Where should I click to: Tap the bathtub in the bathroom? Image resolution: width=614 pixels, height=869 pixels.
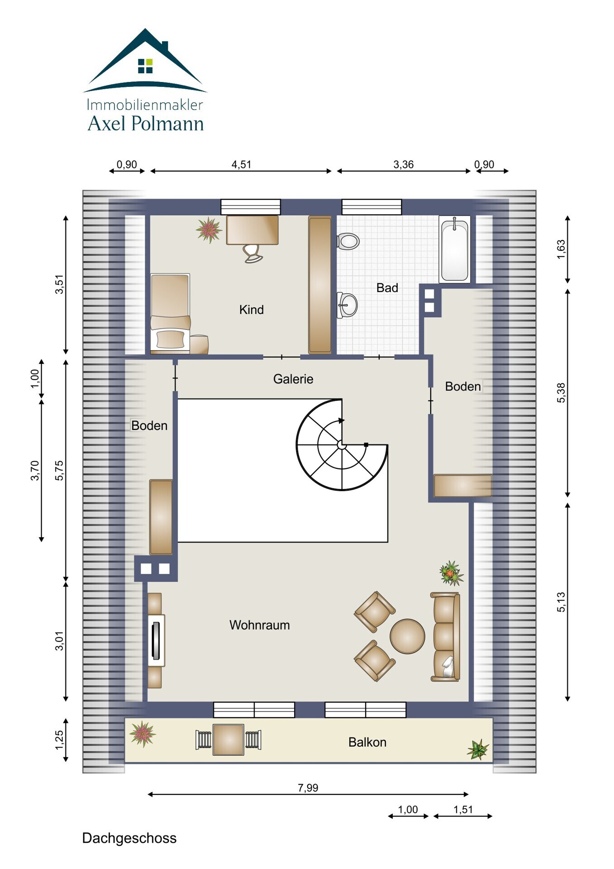point(454,248)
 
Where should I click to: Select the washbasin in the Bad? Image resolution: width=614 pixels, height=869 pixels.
point(347,305)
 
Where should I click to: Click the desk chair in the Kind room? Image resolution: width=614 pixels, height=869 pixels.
point(252,253)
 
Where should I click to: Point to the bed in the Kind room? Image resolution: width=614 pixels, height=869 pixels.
point(170,313)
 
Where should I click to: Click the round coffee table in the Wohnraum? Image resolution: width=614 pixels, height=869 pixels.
point(407,636)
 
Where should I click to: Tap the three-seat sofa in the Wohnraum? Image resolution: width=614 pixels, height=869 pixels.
point(446,637)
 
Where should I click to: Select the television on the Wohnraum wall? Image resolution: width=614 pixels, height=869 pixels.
point(156,640)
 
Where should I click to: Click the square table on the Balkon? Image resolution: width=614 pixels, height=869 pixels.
point(228,740)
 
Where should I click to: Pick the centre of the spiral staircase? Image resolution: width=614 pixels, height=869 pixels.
point(342,445)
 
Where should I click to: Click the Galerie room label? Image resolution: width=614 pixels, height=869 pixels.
point(293,379)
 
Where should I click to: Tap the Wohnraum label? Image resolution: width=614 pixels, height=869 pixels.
point(260,625)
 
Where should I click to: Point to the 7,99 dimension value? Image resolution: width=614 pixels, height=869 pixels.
point(308,788)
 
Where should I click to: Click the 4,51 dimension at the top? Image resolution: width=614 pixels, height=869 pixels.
point(241,165)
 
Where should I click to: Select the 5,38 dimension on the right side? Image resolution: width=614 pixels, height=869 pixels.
point(561,393)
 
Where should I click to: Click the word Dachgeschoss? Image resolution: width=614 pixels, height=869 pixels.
point(129,838)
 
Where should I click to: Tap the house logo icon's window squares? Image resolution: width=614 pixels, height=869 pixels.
point(145,66)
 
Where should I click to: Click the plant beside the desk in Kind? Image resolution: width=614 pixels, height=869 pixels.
point(209,229)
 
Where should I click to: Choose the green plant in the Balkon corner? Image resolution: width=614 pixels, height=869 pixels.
point(478,750)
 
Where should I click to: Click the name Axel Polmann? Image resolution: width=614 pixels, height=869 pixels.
point(146,124)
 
